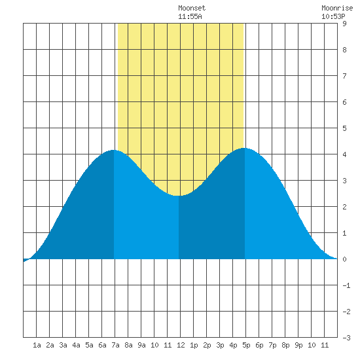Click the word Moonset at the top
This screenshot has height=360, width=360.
(192, 8)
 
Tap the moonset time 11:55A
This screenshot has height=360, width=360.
(190, 16)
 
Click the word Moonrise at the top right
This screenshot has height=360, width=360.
(337, 8)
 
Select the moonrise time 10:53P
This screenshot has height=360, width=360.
(333, 16)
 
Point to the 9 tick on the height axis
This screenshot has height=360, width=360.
(344, 24)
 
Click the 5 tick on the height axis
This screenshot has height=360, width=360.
(344, 128)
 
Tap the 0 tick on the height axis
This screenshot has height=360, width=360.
(344, 259)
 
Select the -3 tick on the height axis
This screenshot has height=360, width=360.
(346, 338)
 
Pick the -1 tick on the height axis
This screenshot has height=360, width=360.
(346, 285)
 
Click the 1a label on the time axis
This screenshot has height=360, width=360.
(37, 345)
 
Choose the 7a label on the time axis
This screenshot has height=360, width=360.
(115, 345)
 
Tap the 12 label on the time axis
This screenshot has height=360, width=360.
(181, 345)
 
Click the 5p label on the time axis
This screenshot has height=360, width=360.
(246, 345)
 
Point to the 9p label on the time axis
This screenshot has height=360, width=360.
(298, 345)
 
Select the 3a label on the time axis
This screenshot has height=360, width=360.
(63, 345)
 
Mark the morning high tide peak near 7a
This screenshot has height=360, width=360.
(114, 150)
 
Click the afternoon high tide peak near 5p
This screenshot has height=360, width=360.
(244, 148)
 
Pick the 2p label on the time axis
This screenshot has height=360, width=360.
(207, 345)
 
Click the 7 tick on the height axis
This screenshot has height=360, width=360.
(344, 76)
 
